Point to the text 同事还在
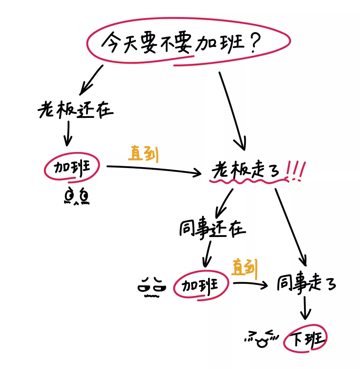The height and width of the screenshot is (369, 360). [212, 229]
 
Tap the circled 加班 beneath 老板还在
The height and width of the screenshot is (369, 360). [72, 167]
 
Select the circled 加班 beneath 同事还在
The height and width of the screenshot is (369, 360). [201, 285]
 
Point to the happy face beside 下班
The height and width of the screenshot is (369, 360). [261, 338]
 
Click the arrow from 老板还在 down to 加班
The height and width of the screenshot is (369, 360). [68, 133]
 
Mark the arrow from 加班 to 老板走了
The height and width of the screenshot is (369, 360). [154, 169]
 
